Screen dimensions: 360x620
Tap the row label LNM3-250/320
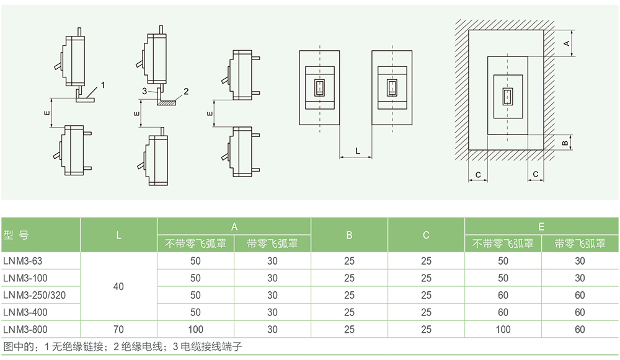[x=34, y=295]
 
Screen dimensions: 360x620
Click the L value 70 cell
[x=118, y=329]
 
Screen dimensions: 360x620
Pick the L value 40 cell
[x=118, y=286]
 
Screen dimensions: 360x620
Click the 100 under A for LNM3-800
[x=195, y=329]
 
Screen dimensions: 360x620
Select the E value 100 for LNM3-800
[x=503, y=329]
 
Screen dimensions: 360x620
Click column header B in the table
[x=349, y=235]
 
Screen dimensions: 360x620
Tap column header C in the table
[x=426, y=235]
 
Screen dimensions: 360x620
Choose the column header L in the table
[x=118, y=235]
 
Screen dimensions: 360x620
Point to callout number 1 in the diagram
[x=103, y=84]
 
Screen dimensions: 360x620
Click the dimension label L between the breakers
[x=357, y=151]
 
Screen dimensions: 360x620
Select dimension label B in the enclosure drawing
[x=565, y=143]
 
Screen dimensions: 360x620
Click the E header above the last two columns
[x=541, y=226]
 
